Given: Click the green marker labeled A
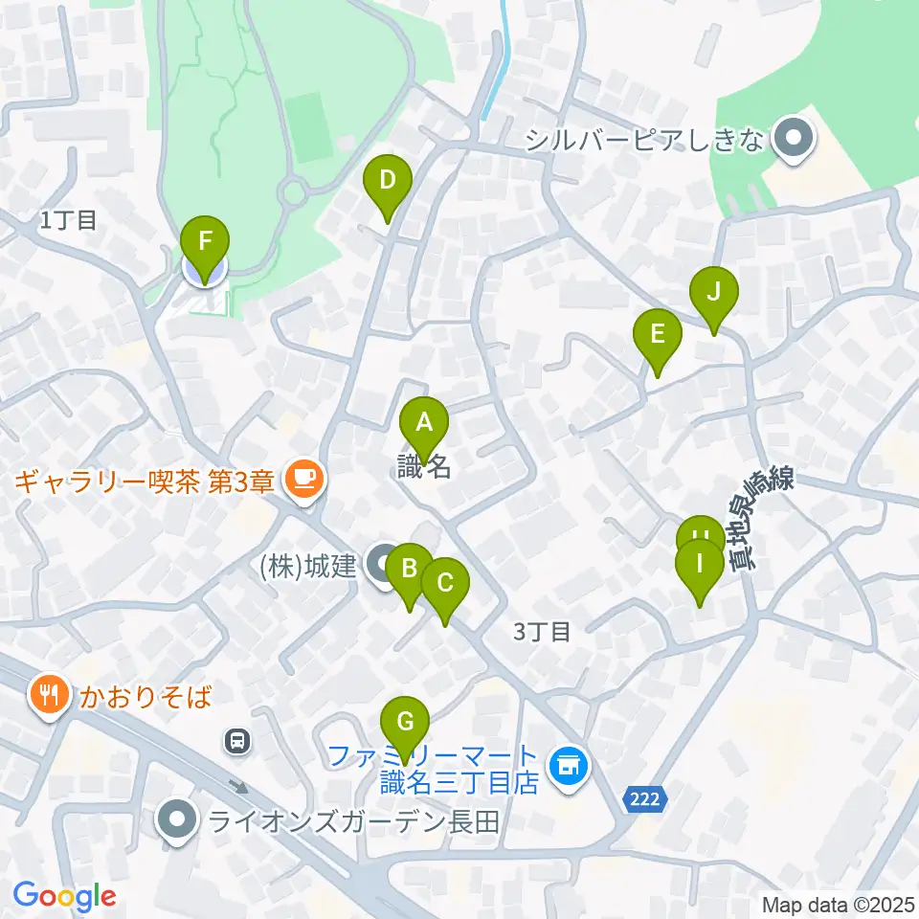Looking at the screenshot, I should pos(423,422).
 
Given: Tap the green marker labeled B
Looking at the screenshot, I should pos(409,569).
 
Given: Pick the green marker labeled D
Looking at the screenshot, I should pos(388,180).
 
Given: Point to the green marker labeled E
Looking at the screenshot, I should pos(658,335).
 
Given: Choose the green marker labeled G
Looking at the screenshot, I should pos(405,721).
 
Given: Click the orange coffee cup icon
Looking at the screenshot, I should pos(304,477).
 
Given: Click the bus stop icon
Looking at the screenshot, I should pos(235,739).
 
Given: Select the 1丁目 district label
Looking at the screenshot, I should pos(69,220).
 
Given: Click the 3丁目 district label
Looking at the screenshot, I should pos(542,631).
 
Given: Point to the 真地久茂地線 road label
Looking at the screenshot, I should pos(763,517).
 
